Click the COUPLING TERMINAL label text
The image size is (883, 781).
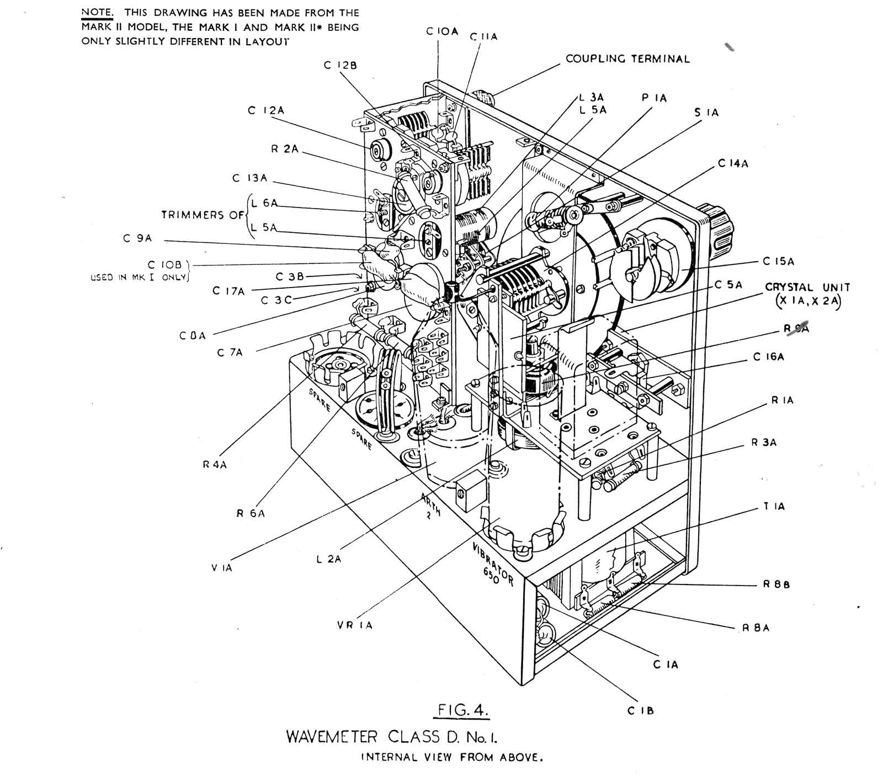tap(627, 59)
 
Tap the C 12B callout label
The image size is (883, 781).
tap(340, 65)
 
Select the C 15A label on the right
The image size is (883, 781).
tap(779, 261)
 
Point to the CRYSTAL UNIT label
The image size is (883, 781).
tap(807, 288)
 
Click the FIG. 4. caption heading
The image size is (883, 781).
tap(460, 708)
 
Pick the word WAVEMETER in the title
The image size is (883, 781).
tap(332, 737)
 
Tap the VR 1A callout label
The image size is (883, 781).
tap(354, 625)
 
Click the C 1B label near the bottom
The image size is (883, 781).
tap(640, 711)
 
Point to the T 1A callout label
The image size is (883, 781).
tap(774, 506)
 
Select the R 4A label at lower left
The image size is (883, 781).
tap(214, 465)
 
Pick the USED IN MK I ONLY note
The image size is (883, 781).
tap(139, 278)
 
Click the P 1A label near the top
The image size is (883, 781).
tap(653, 98)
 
